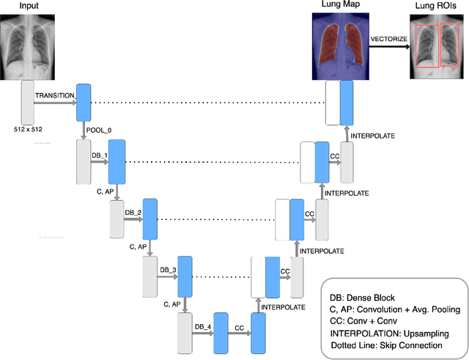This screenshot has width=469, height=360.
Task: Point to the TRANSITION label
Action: pyautogui.click(x=53, y=96)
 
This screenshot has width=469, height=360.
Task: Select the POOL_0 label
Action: pyautogui.click(x=99, y=129)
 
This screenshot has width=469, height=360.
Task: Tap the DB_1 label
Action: pyautogui.click(x=99, y=155)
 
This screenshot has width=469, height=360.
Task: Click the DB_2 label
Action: pyautogui.click(x=133, y=213)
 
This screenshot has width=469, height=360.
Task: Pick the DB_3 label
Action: pyautogui.click(x=169, y=270)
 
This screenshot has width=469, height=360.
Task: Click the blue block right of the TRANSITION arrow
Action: pyautogui.click(x=82, y=102)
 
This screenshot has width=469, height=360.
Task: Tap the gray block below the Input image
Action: pyautogui.click(x=29, y=102)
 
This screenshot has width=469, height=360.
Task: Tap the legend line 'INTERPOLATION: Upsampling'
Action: pyautogui.click(x=390, y=332)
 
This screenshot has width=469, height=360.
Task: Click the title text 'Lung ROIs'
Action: pyautogui.click(x=437, y=7)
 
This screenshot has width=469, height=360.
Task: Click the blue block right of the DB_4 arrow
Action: pyautogui.click(x=221, y=332)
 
